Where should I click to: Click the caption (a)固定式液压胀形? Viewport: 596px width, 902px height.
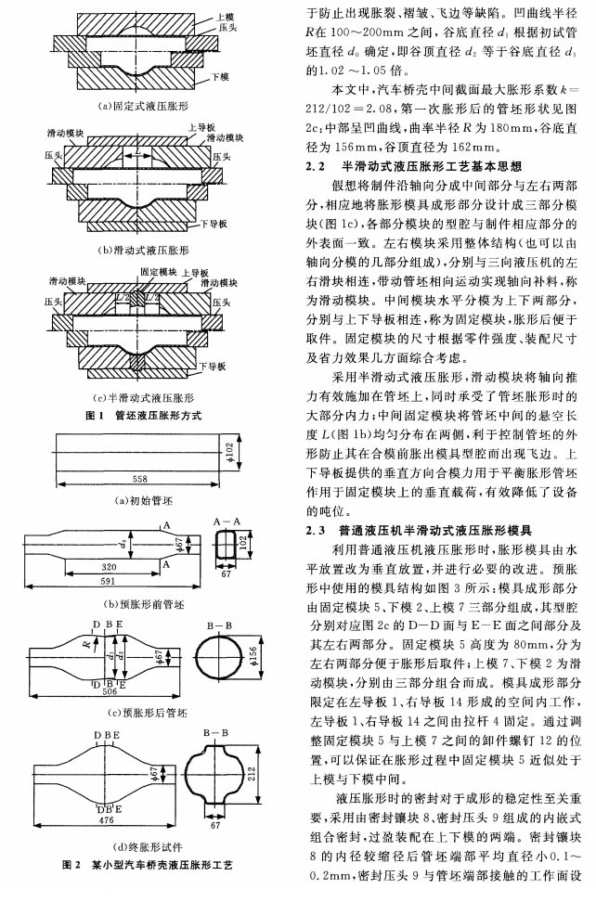[x=144, y=107]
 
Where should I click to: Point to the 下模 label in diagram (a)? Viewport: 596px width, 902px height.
[x=220, y=76]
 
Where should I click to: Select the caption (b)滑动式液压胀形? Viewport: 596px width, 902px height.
[x=144, y=251]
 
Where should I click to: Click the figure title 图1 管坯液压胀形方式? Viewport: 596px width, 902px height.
[x=143, y=416]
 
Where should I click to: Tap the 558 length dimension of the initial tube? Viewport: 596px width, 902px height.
[x=140, y=479]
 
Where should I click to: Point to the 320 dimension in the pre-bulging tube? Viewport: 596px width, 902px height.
[x=110, y=567]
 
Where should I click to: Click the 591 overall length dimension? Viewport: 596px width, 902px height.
[x=109, y=581]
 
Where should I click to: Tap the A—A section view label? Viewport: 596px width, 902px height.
[x=227, y=522]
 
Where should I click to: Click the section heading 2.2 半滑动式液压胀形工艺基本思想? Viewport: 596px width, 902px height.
[x=414, y=166]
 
